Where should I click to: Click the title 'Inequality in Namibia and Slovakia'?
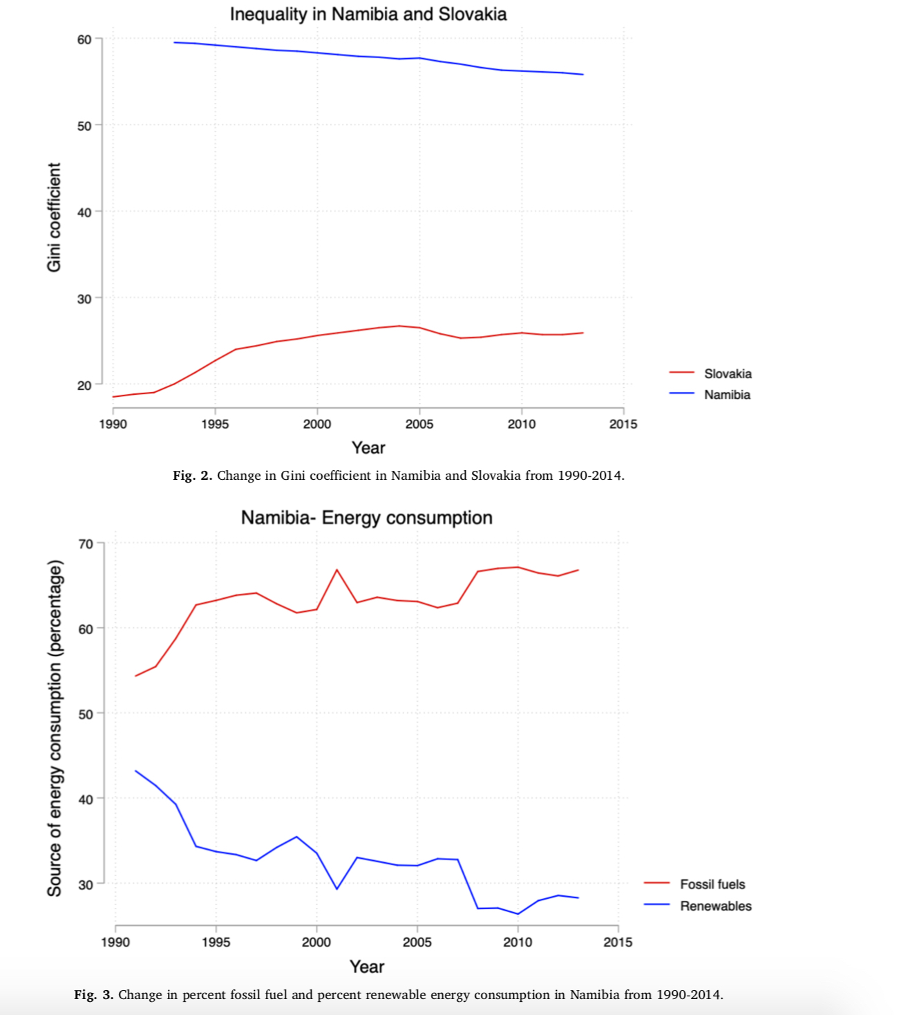[x=368, y=15]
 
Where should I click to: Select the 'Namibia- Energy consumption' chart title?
[x=366, y=518]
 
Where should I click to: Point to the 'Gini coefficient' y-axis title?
[x=54, y=217]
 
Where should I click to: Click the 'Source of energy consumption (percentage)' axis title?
[x=55, y=728]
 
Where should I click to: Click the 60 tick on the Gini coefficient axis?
[x=84, y=39]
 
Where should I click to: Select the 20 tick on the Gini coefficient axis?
[x=84, y=385]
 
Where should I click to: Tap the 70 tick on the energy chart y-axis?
[x=86, y=544]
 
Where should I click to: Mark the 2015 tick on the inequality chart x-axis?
[x=623, y=424]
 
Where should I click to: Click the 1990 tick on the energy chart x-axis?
[x=115, y=942]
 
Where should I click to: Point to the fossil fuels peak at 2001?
[x=337, y=570]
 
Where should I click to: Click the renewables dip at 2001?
[x=337, y=888]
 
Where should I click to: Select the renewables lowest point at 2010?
[x=518, y=914]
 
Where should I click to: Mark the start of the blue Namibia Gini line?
[x=174, y=42]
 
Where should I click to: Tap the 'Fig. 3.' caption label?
[x=94, y=995]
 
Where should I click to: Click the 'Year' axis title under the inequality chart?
[x=368, y=448]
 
